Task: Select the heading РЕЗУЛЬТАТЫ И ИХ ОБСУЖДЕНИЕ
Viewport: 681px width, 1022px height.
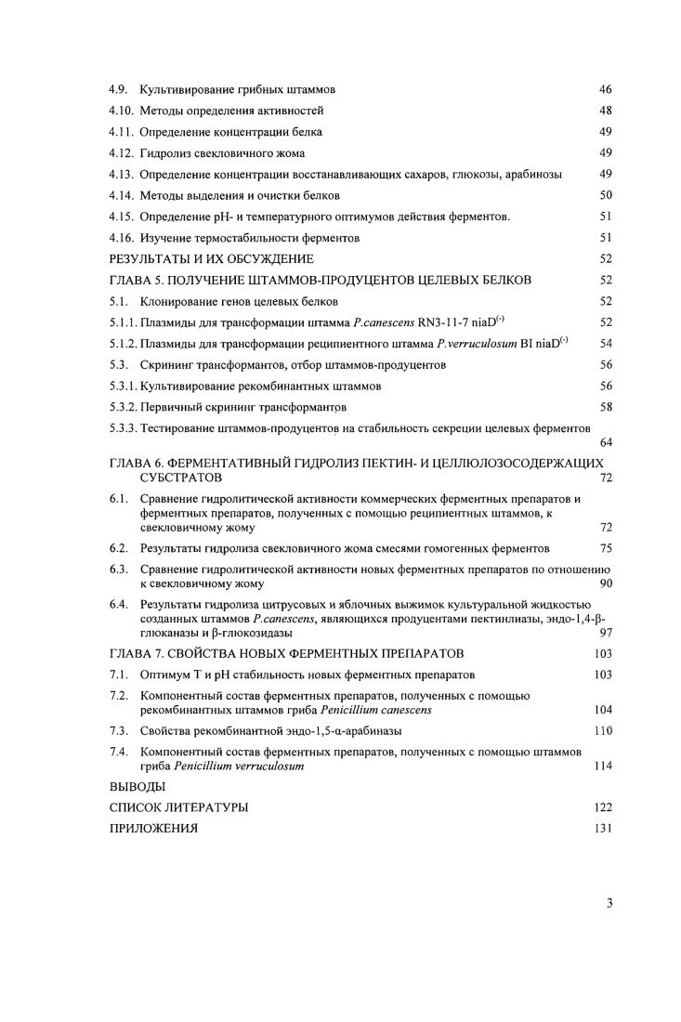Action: tap(211, 258)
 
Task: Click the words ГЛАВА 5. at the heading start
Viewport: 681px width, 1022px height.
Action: tap(139, 280)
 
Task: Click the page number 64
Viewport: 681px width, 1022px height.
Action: tap(606, 442)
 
